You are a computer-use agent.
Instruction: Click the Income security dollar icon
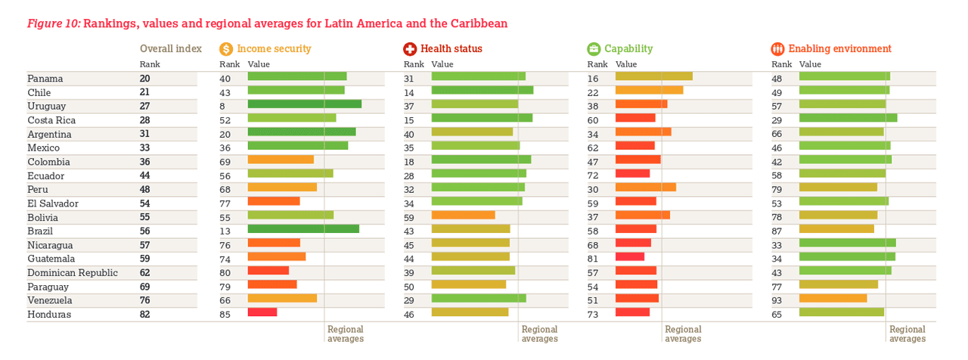pos(226,49)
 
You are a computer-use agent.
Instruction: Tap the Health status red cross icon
pos(410,49)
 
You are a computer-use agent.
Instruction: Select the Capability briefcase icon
pos(594,49)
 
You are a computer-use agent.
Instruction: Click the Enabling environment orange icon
pos(778,49)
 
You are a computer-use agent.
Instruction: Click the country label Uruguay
pos(47,106)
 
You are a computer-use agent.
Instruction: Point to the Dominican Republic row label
pos(73,272)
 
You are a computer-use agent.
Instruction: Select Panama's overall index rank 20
pos(144,78)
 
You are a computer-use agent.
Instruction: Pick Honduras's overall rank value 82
pos(144,314)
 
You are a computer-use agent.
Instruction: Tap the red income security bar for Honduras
pos(262,312)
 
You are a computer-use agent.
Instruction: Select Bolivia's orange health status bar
pos(463,215)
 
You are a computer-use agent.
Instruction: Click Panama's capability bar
pos(654,76)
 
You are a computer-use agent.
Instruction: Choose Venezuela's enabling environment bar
pos(833,298)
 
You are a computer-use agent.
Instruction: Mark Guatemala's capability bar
pos(630,256)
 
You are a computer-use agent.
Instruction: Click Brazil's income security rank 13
pos(225,231)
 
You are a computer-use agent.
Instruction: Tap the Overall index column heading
pos(171,48)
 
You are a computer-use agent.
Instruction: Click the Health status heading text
pos(451,49)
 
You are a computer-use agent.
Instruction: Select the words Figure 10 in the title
pos(54,23)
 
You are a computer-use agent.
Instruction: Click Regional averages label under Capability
pos(683,334)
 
